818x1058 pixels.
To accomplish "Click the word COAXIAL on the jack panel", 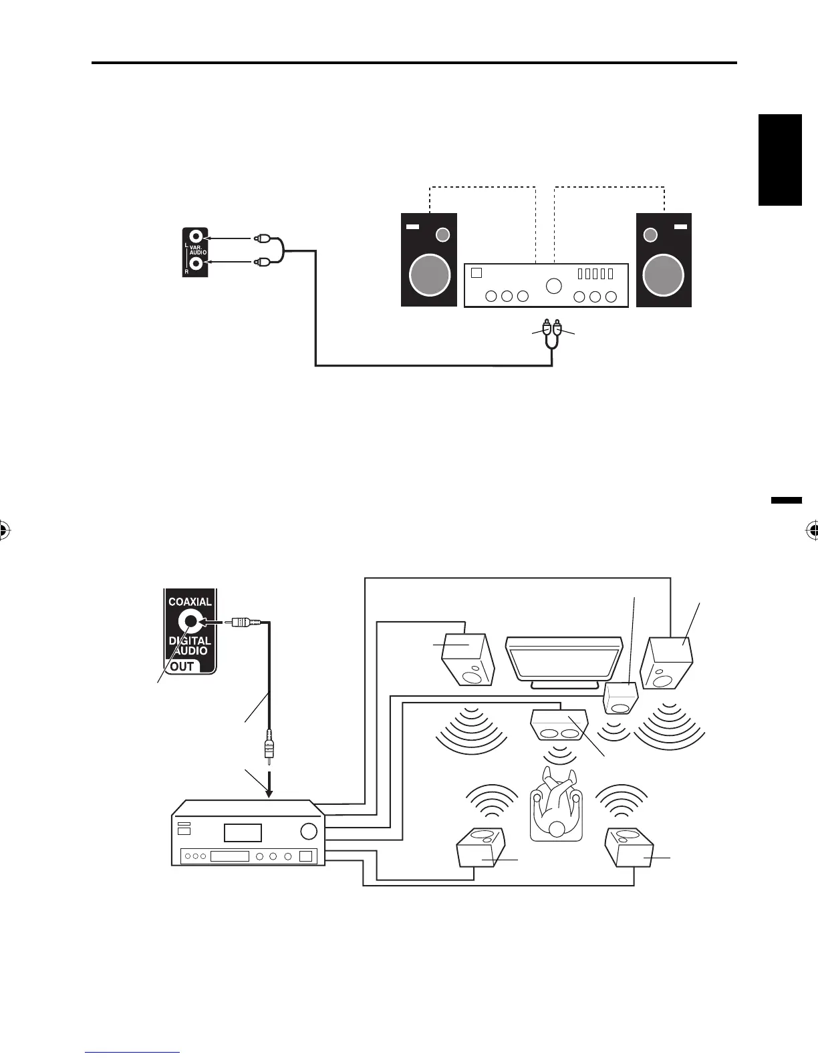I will [x=190, y=601].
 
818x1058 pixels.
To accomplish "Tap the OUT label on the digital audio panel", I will [x=182, y=666].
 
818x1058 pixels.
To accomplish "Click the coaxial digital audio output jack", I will [x=190, y=623].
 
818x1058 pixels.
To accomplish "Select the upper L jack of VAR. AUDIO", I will [x=196, y=236].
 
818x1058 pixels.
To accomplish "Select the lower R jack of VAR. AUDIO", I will [x=196, y=262].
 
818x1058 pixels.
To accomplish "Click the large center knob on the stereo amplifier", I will [x=553, y=286].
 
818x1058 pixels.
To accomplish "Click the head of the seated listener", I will [x=556, y=828].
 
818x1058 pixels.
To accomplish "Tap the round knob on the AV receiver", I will [x=309, y=831].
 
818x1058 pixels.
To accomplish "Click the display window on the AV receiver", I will [x=243, y=832].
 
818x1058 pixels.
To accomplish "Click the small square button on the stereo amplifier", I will [x=476, y=273].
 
